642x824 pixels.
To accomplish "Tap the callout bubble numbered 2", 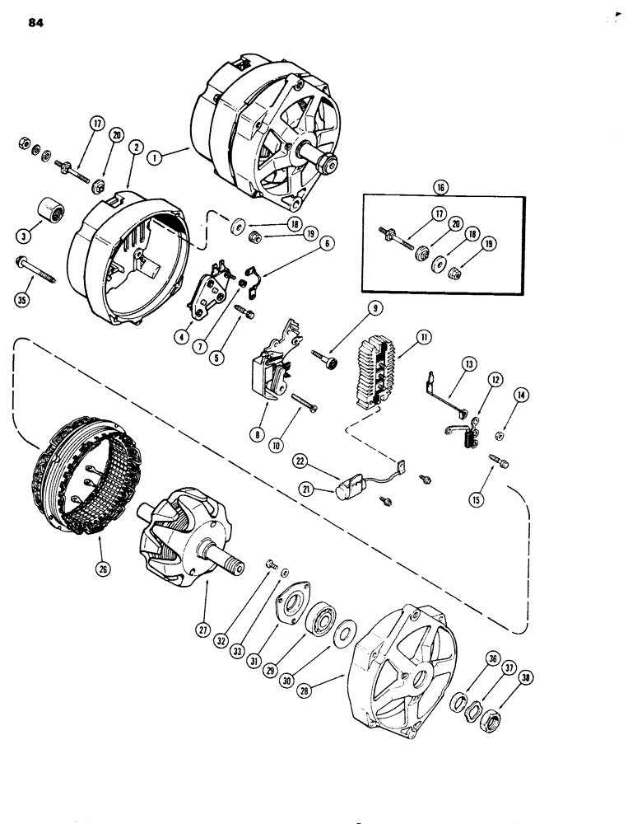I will coord(132,147).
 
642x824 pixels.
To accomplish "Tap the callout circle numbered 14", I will coord(520,394).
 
